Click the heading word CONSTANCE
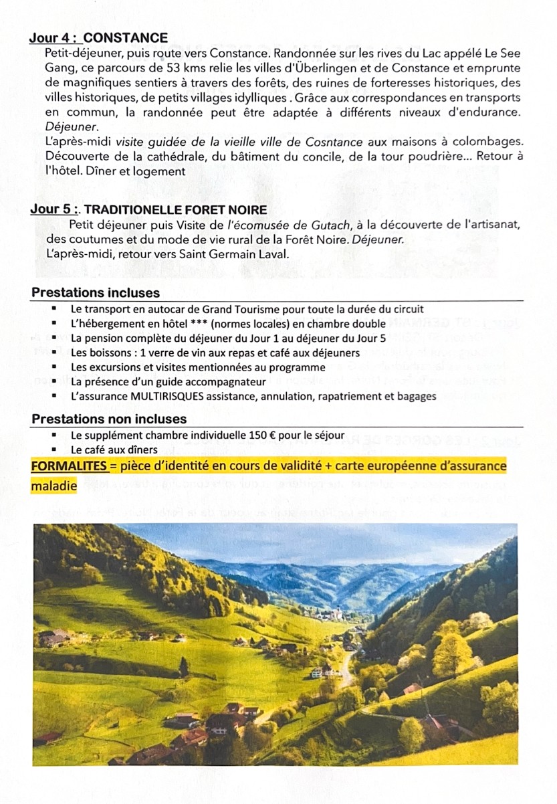click(126, 38)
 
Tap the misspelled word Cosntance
click(333, 142)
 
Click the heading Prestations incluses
click(96, 293)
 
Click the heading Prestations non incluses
click(109, 419)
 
